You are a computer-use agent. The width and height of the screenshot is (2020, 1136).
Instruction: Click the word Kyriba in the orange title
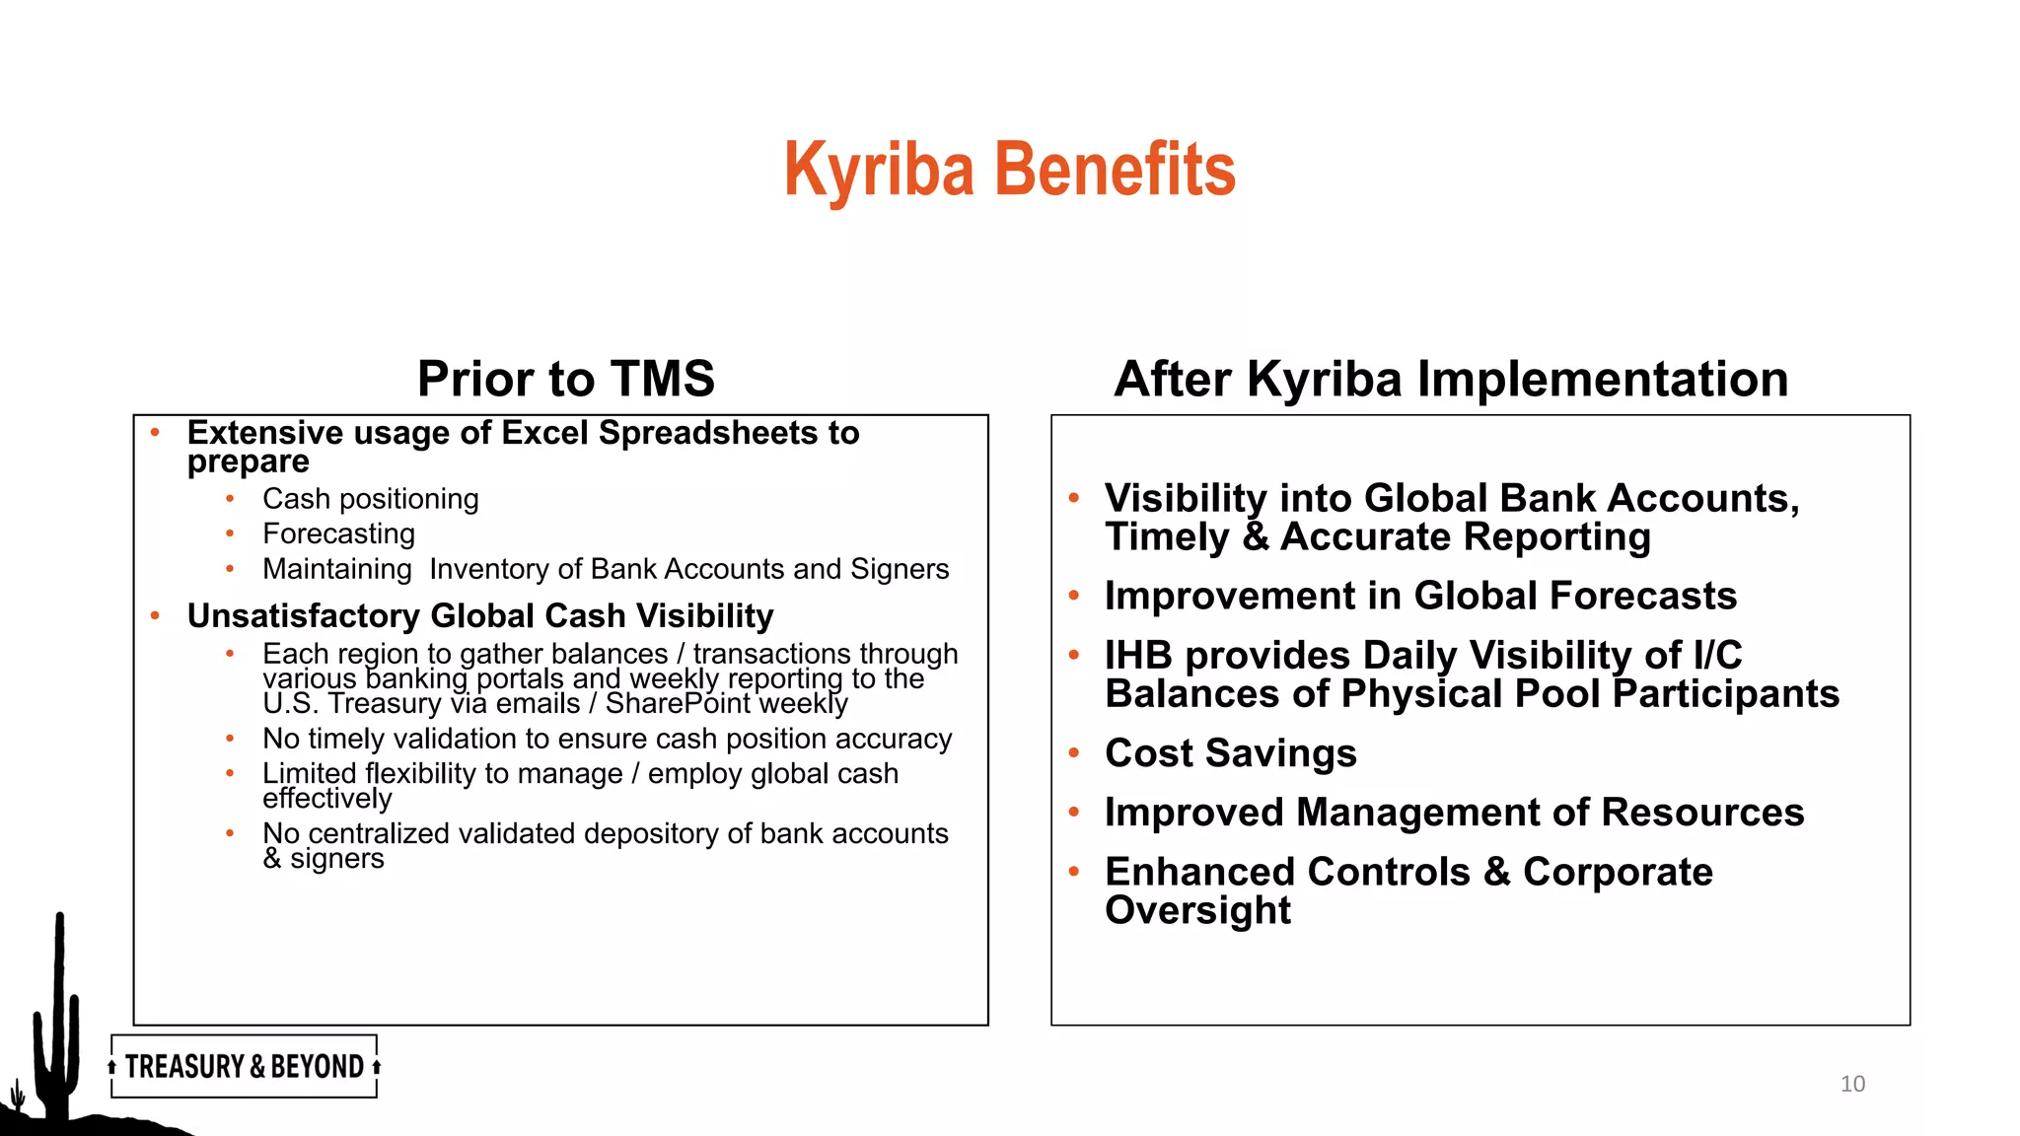pos(879,170)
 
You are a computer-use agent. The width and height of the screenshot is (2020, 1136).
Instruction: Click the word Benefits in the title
pos(1115,170)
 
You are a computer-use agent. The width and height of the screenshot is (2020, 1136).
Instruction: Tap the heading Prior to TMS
pos(565,379)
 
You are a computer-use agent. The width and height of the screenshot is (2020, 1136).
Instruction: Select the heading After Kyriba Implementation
pos(1451,379)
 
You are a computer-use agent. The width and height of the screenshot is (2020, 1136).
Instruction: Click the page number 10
pos(1852,1084)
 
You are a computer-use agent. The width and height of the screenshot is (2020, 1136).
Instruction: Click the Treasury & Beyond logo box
pos(244,1066)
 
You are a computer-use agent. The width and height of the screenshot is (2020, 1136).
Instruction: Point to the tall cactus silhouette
pos(58,1016)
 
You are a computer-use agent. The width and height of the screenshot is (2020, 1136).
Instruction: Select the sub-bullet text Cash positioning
pos(370,499)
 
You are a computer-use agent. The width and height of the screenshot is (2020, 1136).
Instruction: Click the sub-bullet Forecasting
pos(338,533)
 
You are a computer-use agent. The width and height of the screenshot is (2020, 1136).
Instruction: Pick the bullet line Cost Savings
pos(1230,753)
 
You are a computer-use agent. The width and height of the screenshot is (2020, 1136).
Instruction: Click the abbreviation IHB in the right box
pos(1137,655)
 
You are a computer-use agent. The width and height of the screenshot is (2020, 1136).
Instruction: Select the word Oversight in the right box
pos(1197,910)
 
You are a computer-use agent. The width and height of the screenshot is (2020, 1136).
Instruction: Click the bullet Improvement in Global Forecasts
pos(1420,596)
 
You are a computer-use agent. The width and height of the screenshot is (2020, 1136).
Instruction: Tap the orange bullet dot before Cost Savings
pos(1074,753)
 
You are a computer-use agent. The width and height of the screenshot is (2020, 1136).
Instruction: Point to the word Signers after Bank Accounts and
pos(899,569)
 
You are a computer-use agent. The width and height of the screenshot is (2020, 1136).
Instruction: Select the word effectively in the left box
pos(326,799)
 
